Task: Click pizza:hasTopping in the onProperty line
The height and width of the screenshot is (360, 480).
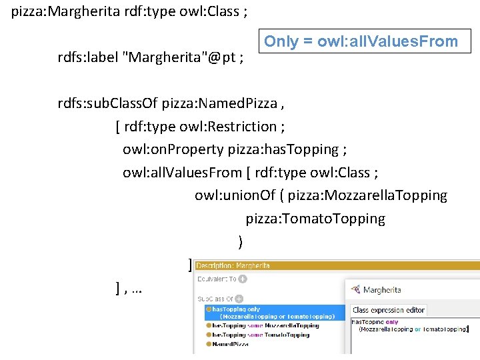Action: click(283, 149)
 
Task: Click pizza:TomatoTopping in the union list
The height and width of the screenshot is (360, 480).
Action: click(315, 219)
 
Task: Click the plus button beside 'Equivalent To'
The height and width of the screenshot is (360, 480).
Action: click(243, 279)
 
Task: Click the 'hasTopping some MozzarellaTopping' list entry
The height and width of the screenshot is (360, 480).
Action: click(265, 325)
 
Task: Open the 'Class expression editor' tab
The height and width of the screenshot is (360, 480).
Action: click(389, 310)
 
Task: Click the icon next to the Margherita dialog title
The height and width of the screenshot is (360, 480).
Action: click(357, 290)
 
